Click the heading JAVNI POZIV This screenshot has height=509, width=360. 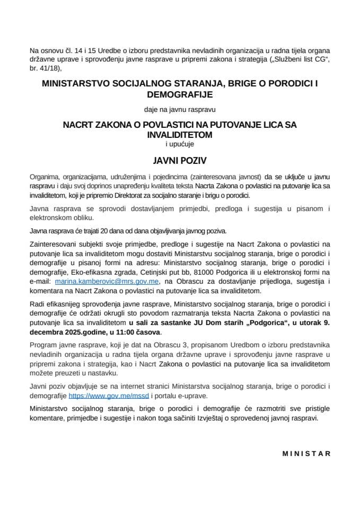[180, 160]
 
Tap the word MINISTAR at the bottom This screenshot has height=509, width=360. [306, 453]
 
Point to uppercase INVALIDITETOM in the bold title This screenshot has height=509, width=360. [180, 135]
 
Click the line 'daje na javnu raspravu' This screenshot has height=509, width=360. [180, 110]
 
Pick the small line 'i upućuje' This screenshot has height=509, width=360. [180, 143]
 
